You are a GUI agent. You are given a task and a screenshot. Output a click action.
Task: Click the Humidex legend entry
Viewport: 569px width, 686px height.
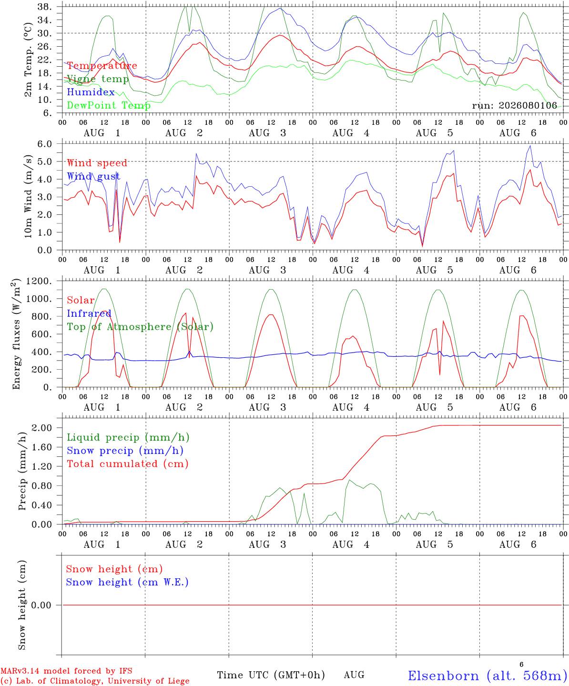(91, 92)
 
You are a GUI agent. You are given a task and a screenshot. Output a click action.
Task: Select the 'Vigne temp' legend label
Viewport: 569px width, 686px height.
(98, 79)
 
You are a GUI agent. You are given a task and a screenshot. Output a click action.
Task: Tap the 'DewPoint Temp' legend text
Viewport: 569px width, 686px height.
(109, 105)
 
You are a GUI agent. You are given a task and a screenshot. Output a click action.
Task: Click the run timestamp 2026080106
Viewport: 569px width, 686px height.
(528, 105)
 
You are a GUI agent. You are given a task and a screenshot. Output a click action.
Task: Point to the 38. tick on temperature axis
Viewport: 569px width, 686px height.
(45, 7)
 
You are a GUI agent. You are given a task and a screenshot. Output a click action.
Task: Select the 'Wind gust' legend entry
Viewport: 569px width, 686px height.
(94, 176)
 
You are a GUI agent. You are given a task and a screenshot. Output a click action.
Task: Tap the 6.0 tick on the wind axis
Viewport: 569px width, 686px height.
(45, 144)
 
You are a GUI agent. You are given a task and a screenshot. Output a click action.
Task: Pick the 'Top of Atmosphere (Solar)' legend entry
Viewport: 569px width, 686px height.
(141, 327)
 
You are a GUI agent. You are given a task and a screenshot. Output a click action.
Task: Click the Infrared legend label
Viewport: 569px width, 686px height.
(89, 313)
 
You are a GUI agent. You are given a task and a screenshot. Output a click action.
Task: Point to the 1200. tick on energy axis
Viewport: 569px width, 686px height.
(39, 281)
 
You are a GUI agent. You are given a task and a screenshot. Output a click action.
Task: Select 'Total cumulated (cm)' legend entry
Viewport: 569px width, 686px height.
(128, 464)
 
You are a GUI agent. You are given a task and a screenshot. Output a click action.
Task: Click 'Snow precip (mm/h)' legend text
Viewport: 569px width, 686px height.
(125, 451)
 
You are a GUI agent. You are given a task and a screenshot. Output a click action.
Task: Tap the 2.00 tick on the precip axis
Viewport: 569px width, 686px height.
(42, 428)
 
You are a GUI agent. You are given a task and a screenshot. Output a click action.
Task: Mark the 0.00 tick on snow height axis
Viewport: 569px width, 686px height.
(41, 605)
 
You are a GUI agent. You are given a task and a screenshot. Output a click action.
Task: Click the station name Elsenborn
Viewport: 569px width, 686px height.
(444, 676)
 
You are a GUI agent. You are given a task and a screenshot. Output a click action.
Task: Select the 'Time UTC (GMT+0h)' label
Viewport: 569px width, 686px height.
(271, 675)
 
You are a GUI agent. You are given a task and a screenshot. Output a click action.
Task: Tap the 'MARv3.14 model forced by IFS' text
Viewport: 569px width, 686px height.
(66, 671)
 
